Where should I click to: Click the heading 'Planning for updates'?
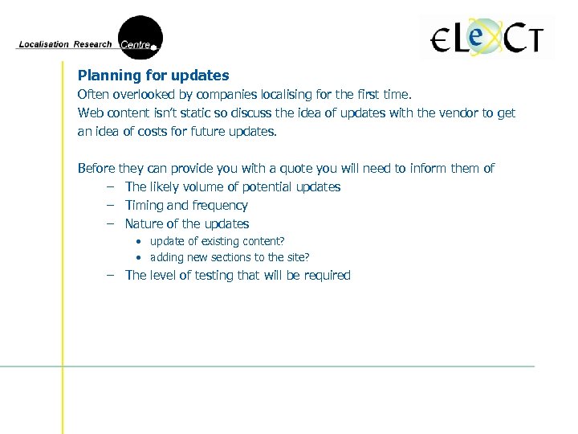pos(153,76)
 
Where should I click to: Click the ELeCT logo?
pos(487,38)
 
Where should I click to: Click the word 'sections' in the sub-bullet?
pos(229,257)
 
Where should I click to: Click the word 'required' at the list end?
pos(325,275)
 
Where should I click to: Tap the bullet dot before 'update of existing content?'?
pos(139,242)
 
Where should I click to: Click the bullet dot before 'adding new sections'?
pos(139,258)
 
